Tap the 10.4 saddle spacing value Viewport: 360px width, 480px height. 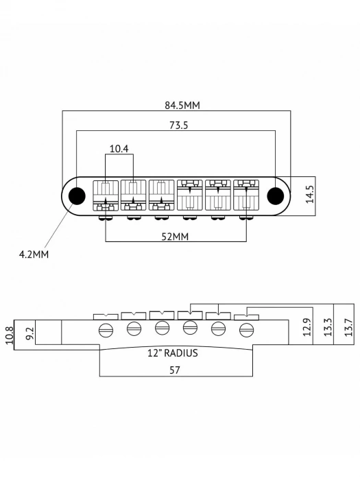point(119,148)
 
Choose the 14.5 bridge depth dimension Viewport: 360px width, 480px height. point(309,193)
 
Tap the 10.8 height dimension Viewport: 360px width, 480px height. point(9,335)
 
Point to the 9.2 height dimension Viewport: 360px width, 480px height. point(28,335)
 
